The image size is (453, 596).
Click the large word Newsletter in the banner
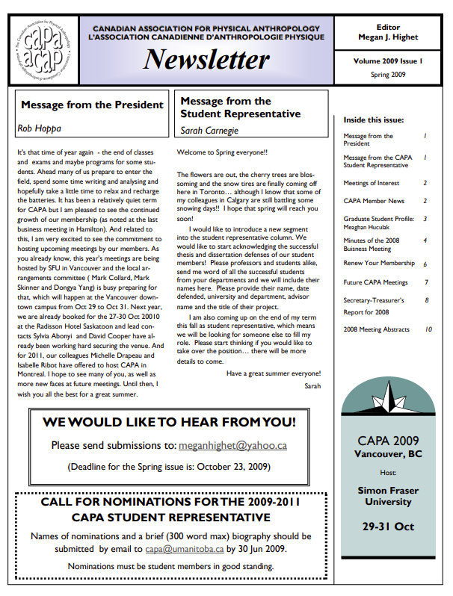click(206, 60)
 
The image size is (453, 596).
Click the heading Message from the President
click(92, 105)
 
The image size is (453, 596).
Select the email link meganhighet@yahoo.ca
click(233, 446)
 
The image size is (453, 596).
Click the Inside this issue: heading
click(374, 119)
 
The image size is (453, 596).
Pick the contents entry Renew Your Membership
click(379, 264)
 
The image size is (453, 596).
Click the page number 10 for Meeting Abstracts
click(428, 329)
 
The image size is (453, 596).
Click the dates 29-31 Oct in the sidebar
click(387, 526)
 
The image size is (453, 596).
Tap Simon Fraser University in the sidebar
click(387, 497)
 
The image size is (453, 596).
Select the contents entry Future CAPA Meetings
click(375, 282)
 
